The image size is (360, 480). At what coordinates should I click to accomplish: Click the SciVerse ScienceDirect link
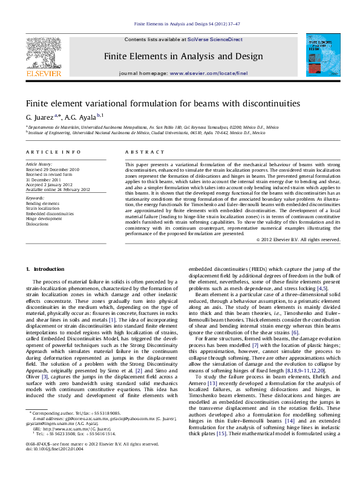(x=215, y=39)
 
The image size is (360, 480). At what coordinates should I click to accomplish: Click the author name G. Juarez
(x=39, y=116)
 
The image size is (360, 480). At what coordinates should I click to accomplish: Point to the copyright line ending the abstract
(x=298, y=239)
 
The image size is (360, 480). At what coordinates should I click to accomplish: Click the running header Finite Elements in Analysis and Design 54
(x=180, y=24)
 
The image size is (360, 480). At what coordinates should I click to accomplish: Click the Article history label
(x=39, y=164)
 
